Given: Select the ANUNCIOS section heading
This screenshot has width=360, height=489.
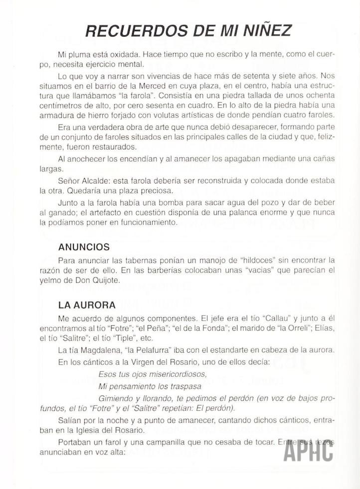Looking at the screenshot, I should (x=84, y=247).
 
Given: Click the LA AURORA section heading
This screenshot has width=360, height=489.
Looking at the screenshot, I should (x=87, y=304).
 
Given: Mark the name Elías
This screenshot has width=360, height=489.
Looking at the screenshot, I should (x=325, y=327).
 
